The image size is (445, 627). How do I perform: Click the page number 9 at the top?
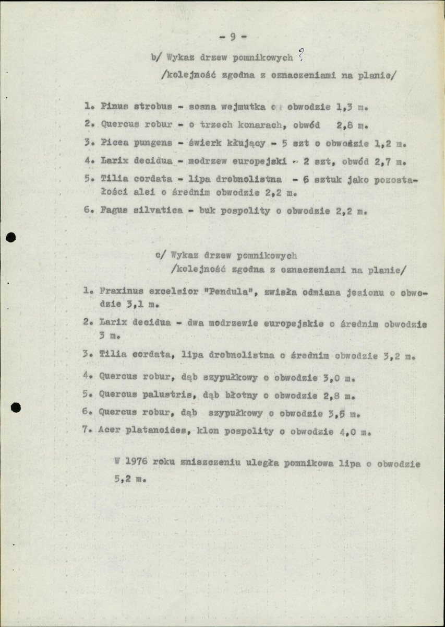point(233,37)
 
